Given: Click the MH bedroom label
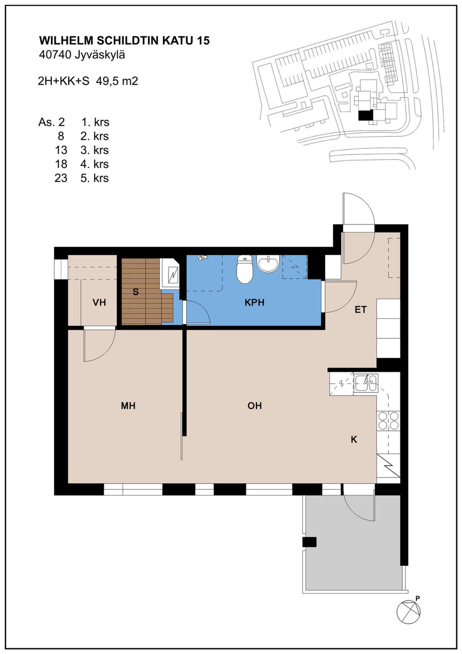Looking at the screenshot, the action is coord(128,406).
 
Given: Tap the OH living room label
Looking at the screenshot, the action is coord(254,406).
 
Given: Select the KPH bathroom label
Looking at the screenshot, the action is coord(254,302).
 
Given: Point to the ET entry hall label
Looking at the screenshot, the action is coord(361,310).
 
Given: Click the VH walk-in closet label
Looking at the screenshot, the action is coord(99,302).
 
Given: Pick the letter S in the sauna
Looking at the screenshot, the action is coord(136,292).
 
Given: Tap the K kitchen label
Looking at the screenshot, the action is coord(354,440).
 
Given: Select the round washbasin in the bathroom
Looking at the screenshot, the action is coord(268,264).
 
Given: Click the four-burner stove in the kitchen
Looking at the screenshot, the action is coord(389,421).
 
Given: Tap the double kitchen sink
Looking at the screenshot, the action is coord(366,383).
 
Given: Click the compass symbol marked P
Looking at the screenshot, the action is coord(408,612).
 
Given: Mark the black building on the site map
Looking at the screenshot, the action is coord(366,115).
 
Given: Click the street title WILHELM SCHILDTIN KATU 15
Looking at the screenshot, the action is coord(124,41).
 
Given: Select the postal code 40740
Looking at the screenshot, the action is coord(55,55).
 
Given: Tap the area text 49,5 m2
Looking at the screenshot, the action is coord(117,81).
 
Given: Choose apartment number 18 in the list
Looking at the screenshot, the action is coord(61,164).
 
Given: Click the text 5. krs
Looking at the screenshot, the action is coord(95,178).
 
